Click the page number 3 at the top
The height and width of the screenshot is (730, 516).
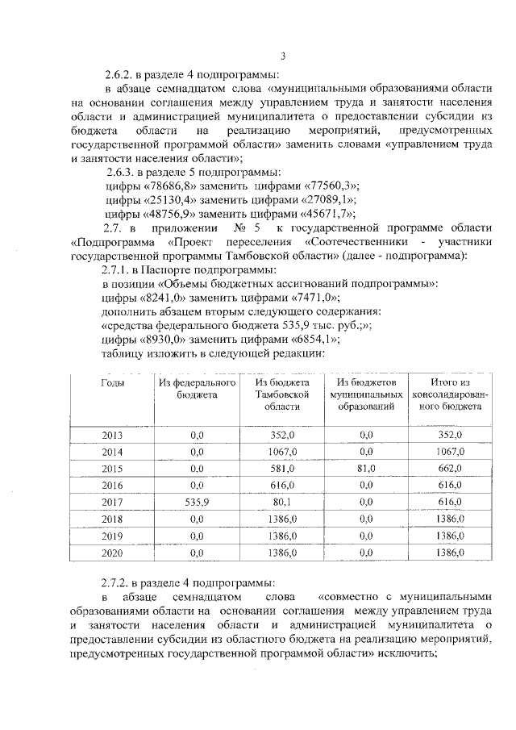pyautogui.click(x=282, y=55)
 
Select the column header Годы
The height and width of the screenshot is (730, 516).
pyautogui.click(x=112, y=383)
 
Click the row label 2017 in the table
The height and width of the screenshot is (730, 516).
pyautogui.click(x=112, y=501)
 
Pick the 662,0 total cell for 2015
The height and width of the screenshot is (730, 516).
pyautogui.click(x=448, y=468)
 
